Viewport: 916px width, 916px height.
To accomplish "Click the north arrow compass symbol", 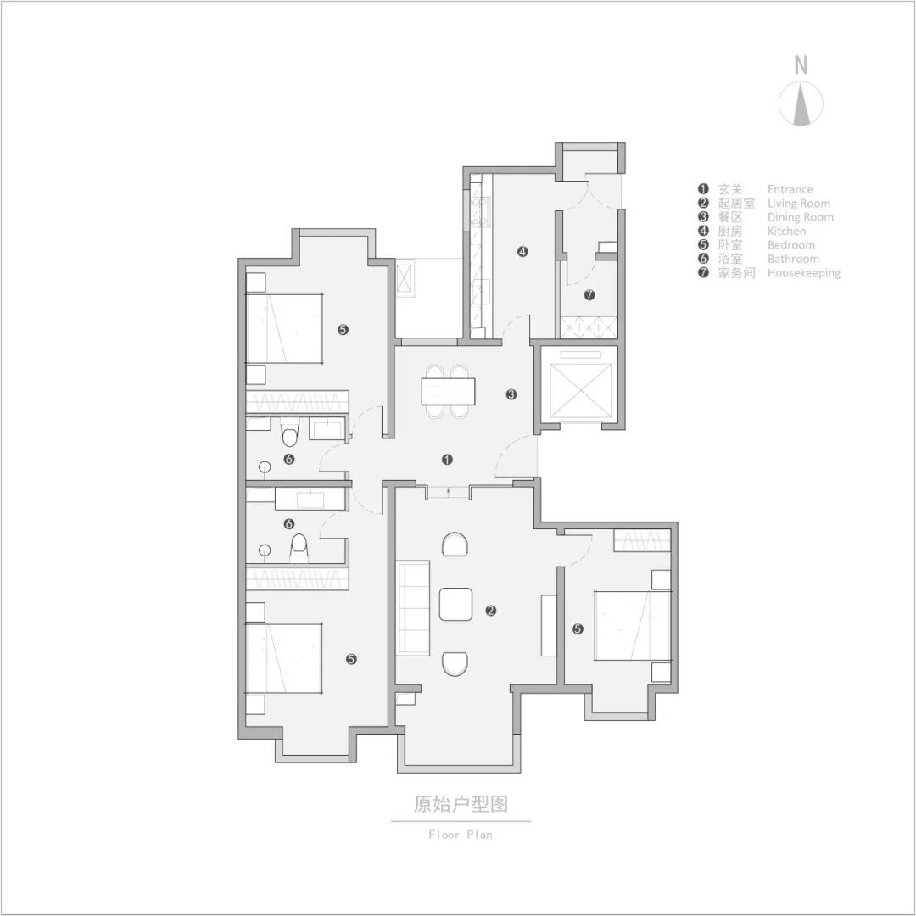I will (801, 104).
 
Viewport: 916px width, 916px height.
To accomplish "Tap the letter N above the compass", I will (801, 64).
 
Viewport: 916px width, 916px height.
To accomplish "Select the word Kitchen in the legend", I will (786, 231).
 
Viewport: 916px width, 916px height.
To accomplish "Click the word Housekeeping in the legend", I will (803, 273).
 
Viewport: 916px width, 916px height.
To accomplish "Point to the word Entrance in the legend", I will (790, 189).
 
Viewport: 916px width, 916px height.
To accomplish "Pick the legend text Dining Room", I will (800, 217).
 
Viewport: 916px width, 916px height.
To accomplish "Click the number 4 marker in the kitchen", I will (523, 251).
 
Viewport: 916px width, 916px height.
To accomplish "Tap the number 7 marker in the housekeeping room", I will (589, 295).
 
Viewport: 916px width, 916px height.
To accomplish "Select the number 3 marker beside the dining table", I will (511, 394).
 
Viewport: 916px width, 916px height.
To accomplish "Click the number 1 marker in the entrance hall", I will (448, 460).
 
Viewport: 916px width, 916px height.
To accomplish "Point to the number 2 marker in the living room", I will (490, 611).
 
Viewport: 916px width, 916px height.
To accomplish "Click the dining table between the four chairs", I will (449, 391).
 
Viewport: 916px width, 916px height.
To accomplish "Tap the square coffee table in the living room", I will (455, 605).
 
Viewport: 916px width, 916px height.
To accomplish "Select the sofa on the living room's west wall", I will (413, 607).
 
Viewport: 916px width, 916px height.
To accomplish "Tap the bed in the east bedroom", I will (632, 625).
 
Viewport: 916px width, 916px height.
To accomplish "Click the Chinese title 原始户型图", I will (461, 804).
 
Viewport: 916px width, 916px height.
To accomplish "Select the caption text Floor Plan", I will (461, 835).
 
